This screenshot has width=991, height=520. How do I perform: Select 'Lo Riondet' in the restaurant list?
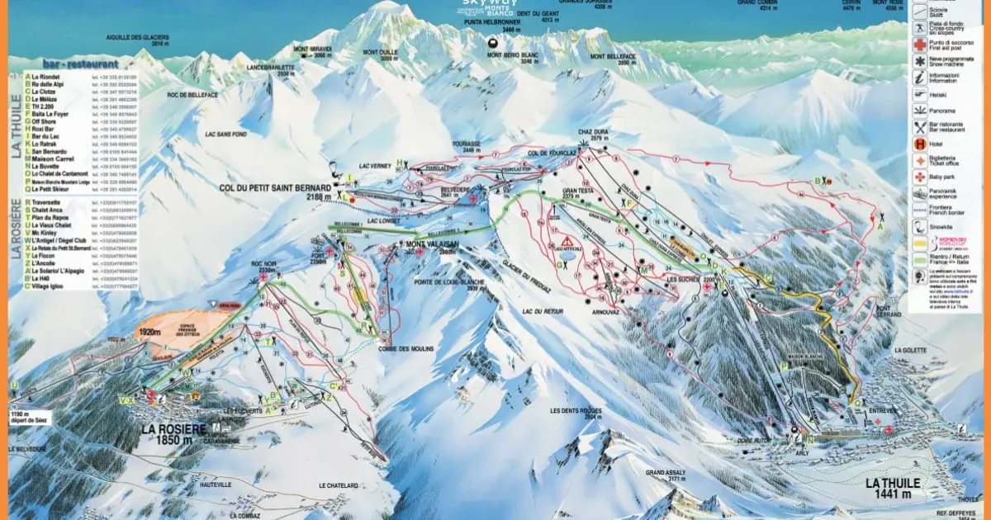(x=55, y=76)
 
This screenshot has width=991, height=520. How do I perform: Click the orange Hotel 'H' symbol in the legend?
(x=919, y=143)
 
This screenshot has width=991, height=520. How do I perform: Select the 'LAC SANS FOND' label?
(x=229, y=134)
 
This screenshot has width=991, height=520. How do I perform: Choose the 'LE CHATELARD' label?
(x=339, y=486)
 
